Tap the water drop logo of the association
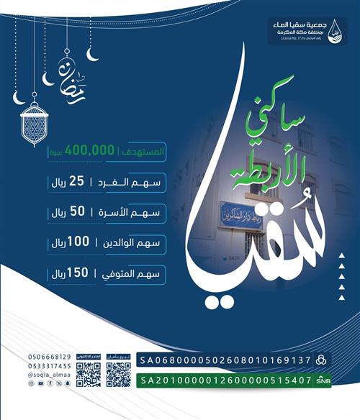click(x=334, y=32)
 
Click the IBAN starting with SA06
click(x=225, y=359)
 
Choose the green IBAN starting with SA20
click(x=225, y=380)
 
